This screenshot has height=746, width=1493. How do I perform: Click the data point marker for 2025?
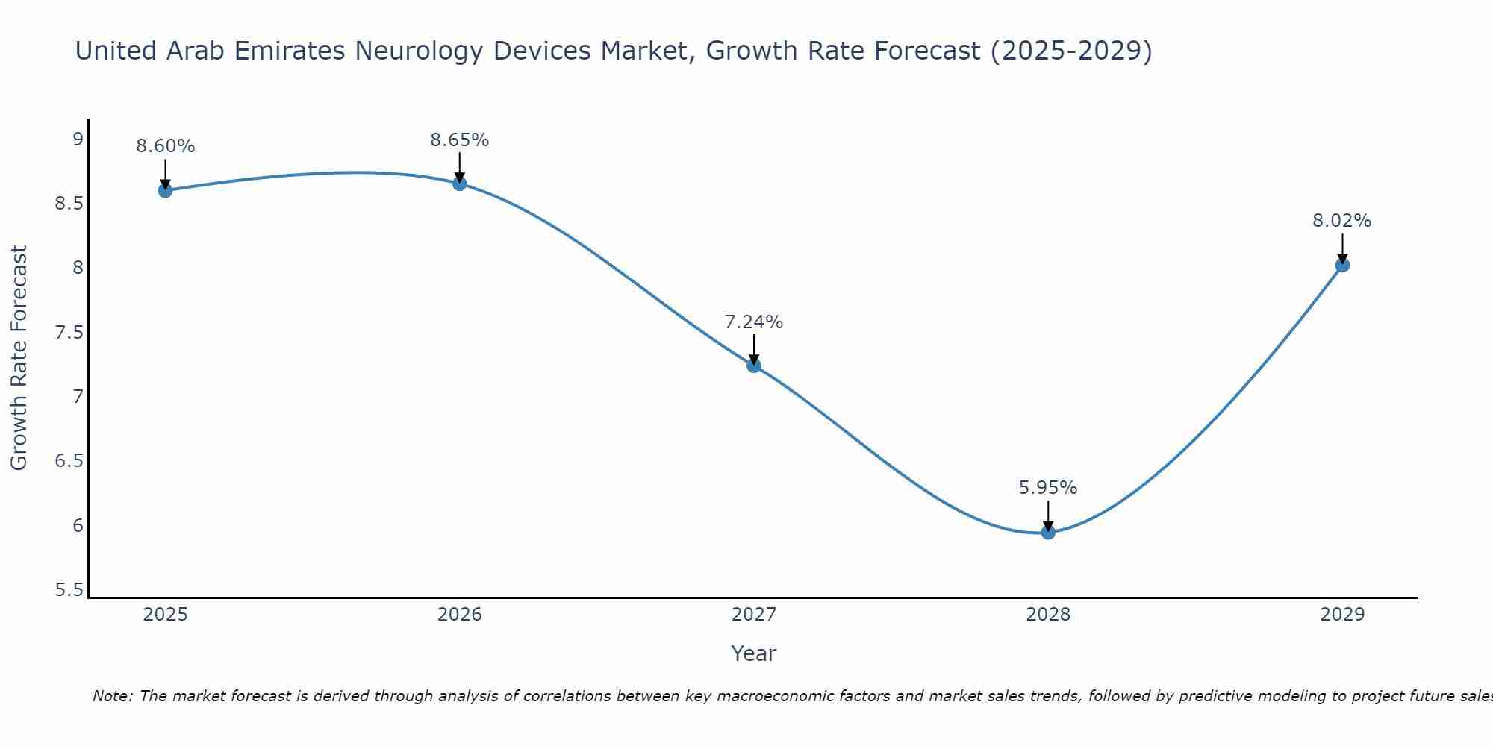click(165, 190)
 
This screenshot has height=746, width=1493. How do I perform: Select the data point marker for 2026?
click(460, 184)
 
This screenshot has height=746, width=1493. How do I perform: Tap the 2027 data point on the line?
click(754, 366)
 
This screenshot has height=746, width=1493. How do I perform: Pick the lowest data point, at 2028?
click(1048, 532)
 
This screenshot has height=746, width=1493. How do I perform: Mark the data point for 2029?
click(1342, 265)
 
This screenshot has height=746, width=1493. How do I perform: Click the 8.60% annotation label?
click(165, 146)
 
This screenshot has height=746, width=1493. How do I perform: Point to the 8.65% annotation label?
click(460, 140)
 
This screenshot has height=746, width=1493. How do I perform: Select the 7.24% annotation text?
click(754, 322)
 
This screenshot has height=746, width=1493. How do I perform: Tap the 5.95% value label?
click(1048, 488)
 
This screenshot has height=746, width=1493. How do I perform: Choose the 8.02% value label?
click(1342, 221)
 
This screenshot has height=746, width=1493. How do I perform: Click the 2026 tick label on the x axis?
click(460, 615)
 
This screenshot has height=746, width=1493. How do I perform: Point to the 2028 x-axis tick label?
click(1048, 615)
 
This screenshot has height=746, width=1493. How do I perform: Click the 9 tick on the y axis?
click(78, 139)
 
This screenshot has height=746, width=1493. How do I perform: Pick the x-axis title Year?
click(754, 653)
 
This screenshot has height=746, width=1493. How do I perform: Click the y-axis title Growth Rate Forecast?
click(19, 358)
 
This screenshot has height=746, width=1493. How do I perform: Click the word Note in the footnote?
click(112, 696)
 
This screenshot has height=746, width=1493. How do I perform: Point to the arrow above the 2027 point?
click(754, 349)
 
